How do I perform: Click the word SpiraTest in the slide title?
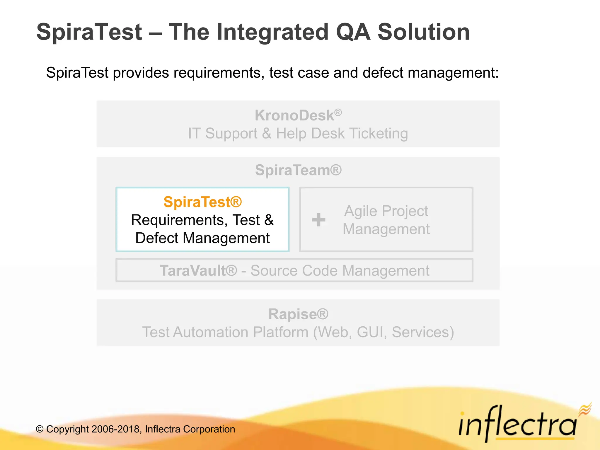click(x=89, y=32)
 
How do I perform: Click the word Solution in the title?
click(x=424, y=32)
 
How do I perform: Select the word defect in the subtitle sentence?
click(x=383, y=73)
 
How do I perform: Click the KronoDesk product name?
click(x=294, y=115)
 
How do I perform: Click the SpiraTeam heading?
click(x=298, y=170)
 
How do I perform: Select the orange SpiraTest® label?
click(x=202, y=202)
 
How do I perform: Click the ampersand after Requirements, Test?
click(x=269, y=220)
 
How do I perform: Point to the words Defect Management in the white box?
click(x=202, y=238)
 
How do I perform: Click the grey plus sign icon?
click(x=318, y=220)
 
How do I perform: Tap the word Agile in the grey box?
click(x=361, y=211)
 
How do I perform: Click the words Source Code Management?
click(x=340, y=271)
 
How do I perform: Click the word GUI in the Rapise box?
click(x=370, y=332)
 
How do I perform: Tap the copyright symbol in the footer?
click(x=40, y=429)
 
